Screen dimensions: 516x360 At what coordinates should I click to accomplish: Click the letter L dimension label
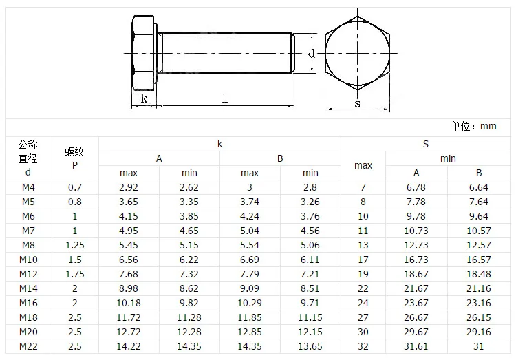(x=225, y=98)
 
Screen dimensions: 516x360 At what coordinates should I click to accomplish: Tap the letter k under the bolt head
(x=144, y=98)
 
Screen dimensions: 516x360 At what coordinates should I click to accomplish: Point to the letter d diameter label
(x=311, y=53)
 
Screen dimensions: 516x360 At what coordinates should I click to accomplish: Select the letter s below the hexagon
(x=357, y=104)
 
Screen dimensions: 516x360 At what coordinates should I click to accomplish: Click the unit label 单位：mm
(x=473, y=126)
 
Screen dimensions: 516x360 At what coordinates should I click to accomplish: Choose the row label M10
(x=28, y=260)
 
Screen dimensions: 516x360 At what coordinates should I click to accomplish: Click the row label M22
(x=28, y=346)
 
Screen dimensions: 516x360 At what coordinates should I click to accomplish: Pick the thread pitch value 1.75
(x=75, y=274)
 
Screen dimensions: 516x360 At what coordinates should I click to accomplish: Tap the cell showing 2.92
(x=129, y=187)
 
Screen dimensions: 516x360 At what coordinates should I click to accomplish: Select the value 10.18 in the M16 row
(x=129, y=303)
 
